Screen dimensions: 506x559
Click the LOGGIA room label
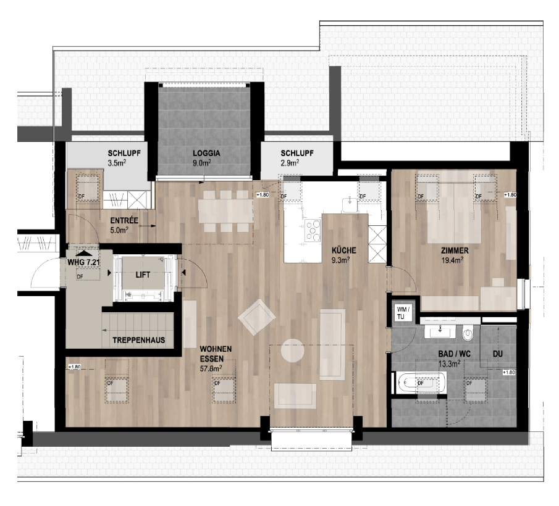[206, 154]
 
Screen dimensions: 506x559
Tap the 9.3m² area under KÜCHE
[341, 260]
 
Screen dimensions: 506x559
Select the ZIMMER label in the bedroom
[455, 251]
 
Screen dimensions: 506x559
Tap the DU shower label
[497, 355]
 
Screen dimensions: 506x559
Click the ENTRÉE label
[124, 220]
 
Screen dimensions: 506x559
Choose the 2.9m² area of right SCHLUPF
[290, 164]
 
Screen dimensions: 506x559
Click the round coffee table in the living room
[293, 351]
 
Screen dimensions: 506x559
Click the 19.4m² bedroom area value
[454, 260]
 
